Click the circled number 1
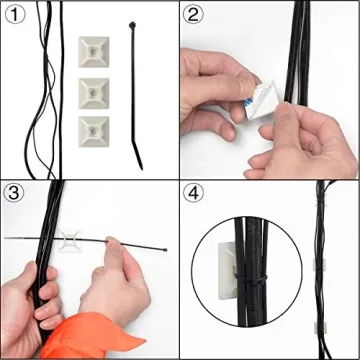16,15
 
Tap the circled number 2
196,15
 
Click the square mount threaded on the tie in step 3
73,243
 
